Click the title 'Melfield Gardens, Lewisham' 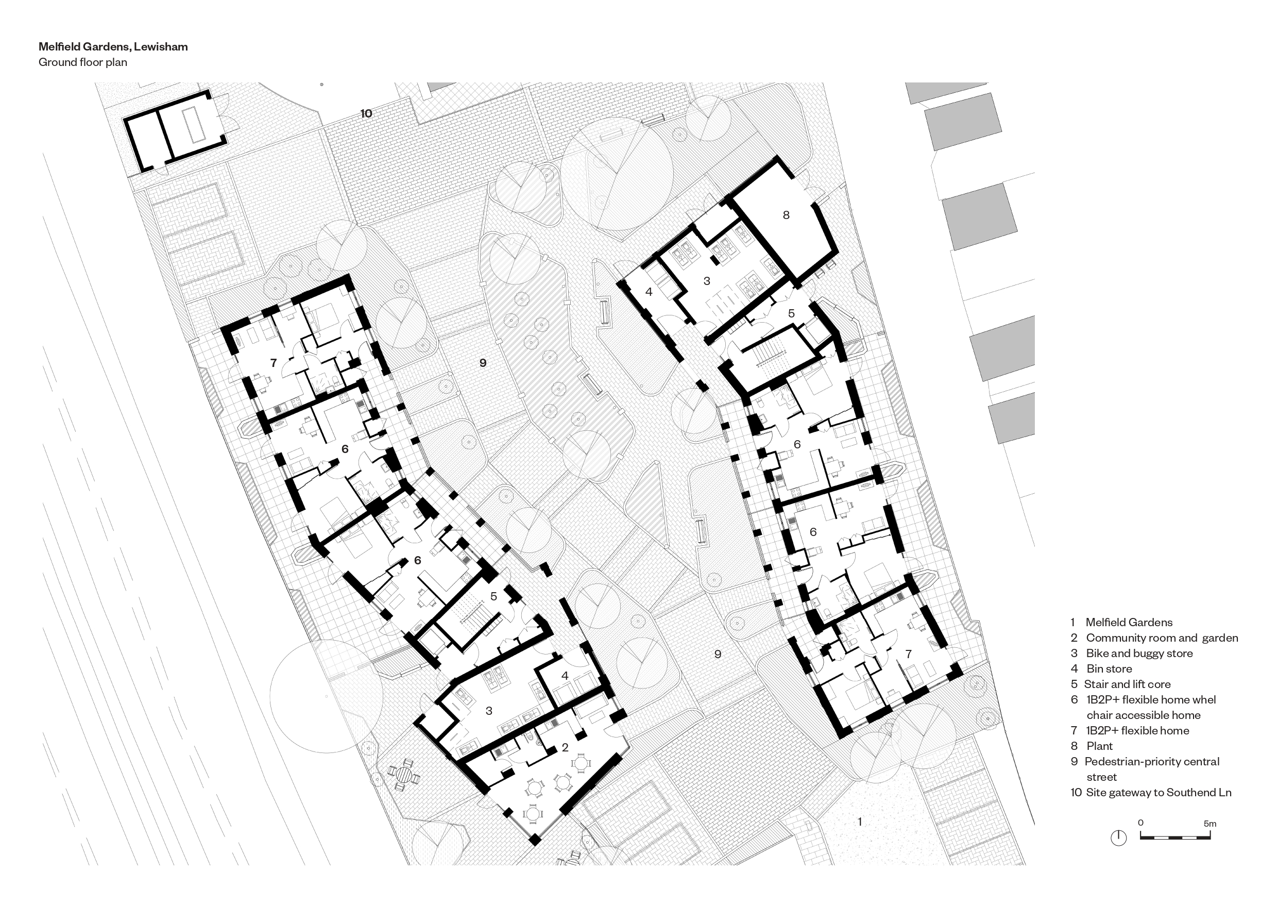(113, 47)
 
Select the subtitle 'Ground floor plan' (83, 62)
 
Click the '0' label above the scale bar (1140, 823)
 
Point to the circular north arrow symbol (1118, 838)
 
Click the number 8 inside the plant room (786, 214)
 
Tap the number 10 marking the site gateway (366, 113)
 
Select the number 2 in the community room (565, 747)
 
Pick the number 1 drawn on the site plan (860, 822)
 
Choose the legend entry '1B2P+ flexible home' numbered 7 (1137, 730)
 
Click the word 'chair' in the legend (1099, 715)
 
